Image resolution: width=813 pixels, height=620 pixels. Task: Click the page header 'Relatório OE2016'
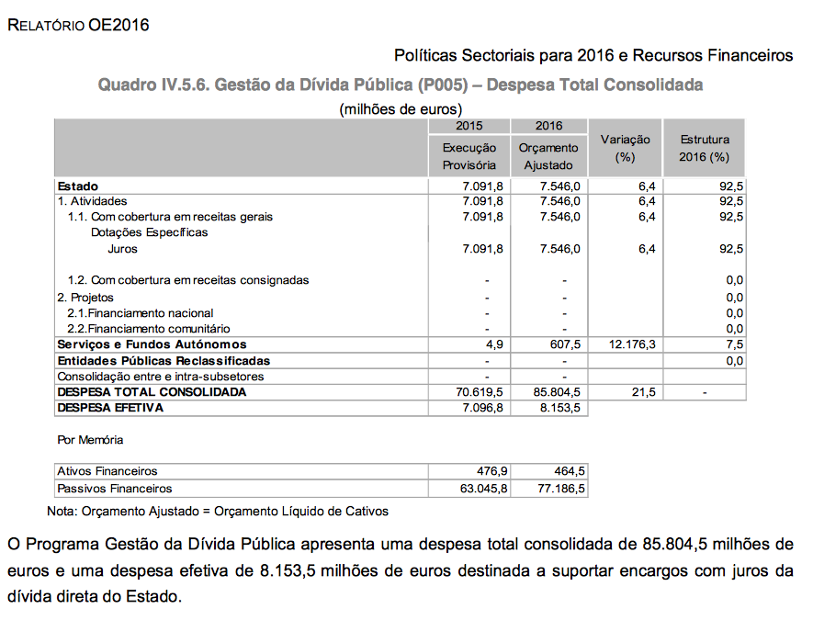77,25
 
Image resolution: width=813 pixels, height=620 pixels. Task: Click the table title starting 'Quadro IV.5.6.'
401,85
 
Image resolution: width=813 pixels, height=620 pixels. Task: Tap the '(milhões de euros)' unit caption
401,109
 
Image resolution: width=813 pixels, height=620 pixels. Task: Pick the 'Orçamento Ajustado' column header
548,156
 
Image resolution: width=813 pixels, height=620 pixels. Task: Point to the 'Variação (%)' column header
625,148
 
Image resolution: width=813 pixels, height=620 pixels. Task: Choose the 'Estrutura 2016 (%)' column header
705,148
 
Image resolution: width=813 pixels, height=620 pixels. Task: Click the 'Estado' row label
77,186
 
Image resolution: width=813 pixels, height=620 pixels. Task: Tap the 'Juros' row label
122,249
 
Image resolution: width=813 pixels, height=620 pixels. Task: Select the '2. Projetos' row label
85,298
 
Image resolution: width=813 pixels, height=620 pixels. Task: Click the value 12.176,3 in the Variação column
628,344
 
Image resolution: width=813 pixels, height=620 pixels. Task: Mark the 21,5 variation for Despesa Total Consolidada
644,392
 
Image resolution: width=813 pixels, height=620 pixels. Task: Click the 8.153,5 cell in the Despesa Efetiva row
559,408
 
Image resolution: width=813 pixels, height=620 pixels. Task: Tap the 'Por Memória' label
90,440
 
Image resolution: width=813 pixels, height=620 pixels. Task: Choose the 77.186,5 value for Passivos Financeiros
559,489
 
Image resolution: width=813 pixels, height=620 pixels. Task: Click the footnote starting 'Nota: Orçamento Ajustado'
218,511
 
